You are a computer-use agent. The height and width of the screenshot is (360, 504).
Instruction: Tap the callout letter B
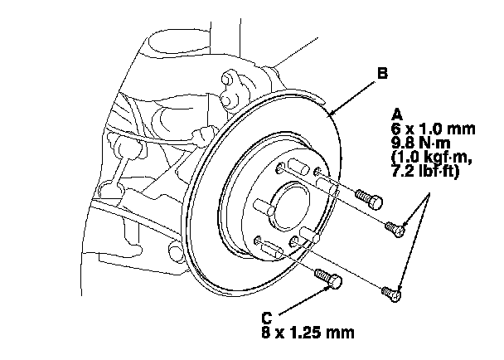point(382,74)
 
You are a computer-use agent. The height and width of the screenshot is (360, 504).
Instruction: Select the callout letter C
point(266,317)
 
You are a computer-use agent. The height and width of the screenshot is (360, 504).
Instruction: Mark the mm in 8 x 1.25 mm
point(343,333)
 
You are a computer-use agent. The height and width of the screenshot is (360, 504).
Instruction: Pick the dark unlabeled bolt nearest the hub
point(368,198)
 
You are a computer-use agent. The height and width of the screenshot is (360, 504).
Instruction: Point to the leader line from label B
point(351,94)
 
